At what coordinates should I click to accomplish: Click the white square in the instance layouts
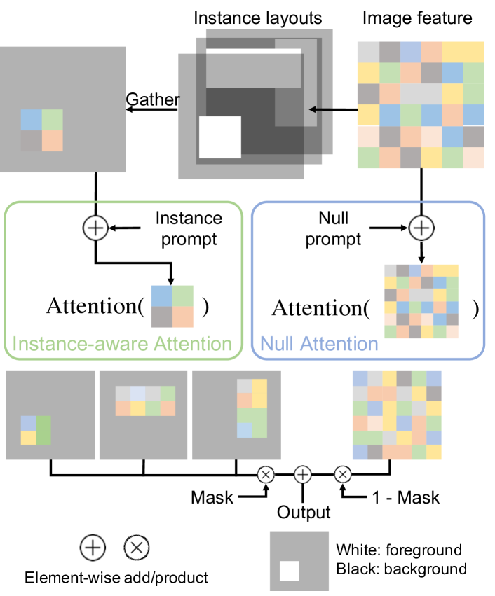(220, 137)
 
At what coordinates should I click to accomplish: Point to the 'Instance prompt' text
(189, 228)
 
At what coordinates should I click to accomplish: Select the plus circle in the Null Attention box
(420, 227)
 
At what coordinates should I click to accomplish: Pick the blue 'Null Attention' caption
(319, 344)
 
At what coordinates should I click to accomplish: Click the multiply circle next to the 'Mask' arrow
(266, 474)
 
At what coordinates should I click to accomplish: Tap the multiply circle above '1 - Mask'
(343, 474)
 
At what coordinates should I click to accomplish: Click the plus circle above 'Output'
(303, 474)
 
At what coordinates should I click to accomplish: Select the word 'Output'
(303, 512)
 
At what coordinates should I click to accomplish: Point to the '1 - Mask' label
(404, 497)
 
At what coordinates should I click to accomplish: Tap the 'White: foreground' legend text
(398, 550)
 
